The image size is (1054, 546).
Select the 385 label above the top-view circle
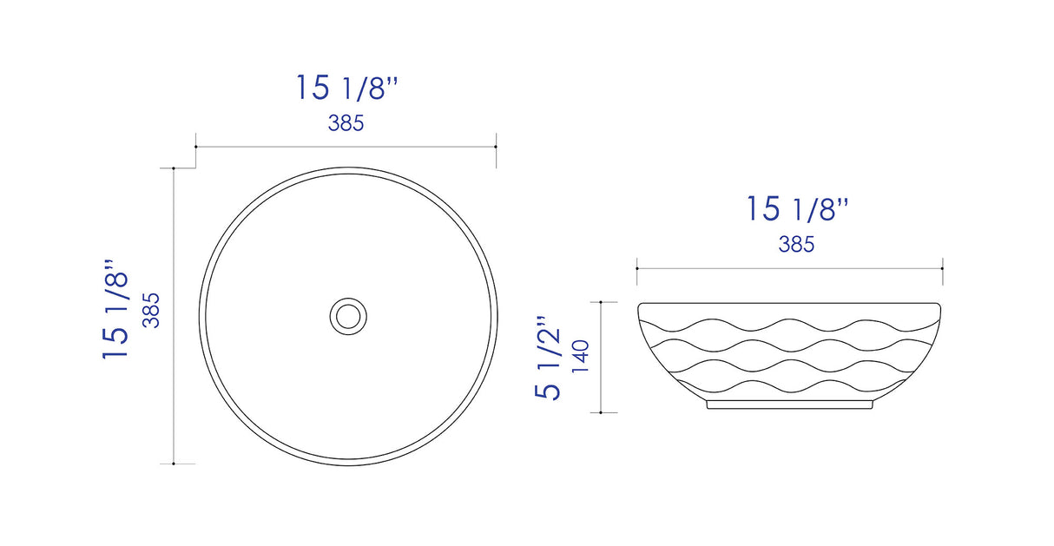pyautogui.click(x=346, y=123)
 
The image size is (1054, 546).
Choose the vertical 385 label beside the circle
pyautogui.click(x=151, y=310)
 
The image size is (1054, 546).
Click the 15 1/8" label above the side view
pyautogui.click(x=797, y=209)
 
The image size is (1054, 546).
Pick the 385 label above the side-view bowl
pyautogui.click(x=796, y=245)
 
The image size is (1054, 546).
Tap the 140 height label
pyautogui.click(x=580, y=357)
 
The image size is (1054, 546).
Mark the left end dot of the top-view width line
pyautogui.click(x=195, y=147)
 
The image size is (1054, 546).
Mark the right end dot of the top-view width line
pyautogui.click(x=496, y=147)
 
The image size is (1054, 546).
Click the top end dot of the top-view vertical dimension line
pyautogui.click(x=175, y=168)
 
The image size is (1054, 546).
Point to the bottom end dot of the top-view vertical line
pyautogui.click(x=175, y=464)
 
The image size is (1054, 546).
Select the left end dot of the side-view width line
pyautogui.click(x=637, y=269)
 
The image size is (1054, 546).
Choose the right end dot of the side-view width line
pyautogui.click(x=943, y=269)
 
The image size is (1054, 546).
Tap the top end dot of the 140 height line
pyautogui.click(x=601, y=302)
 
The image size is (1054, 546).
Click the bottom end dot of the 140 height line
pyautogui.click(x=601, y=412)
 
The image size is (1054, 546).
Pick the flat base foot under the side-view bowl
pyautogui.click(x=789, y=405)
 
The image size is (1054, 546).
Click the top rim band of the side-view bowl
pyautogui.click(x=789, y=308)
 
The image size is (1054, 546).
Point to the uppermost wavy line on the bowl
pyautogui.click(x=789, y=325)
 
